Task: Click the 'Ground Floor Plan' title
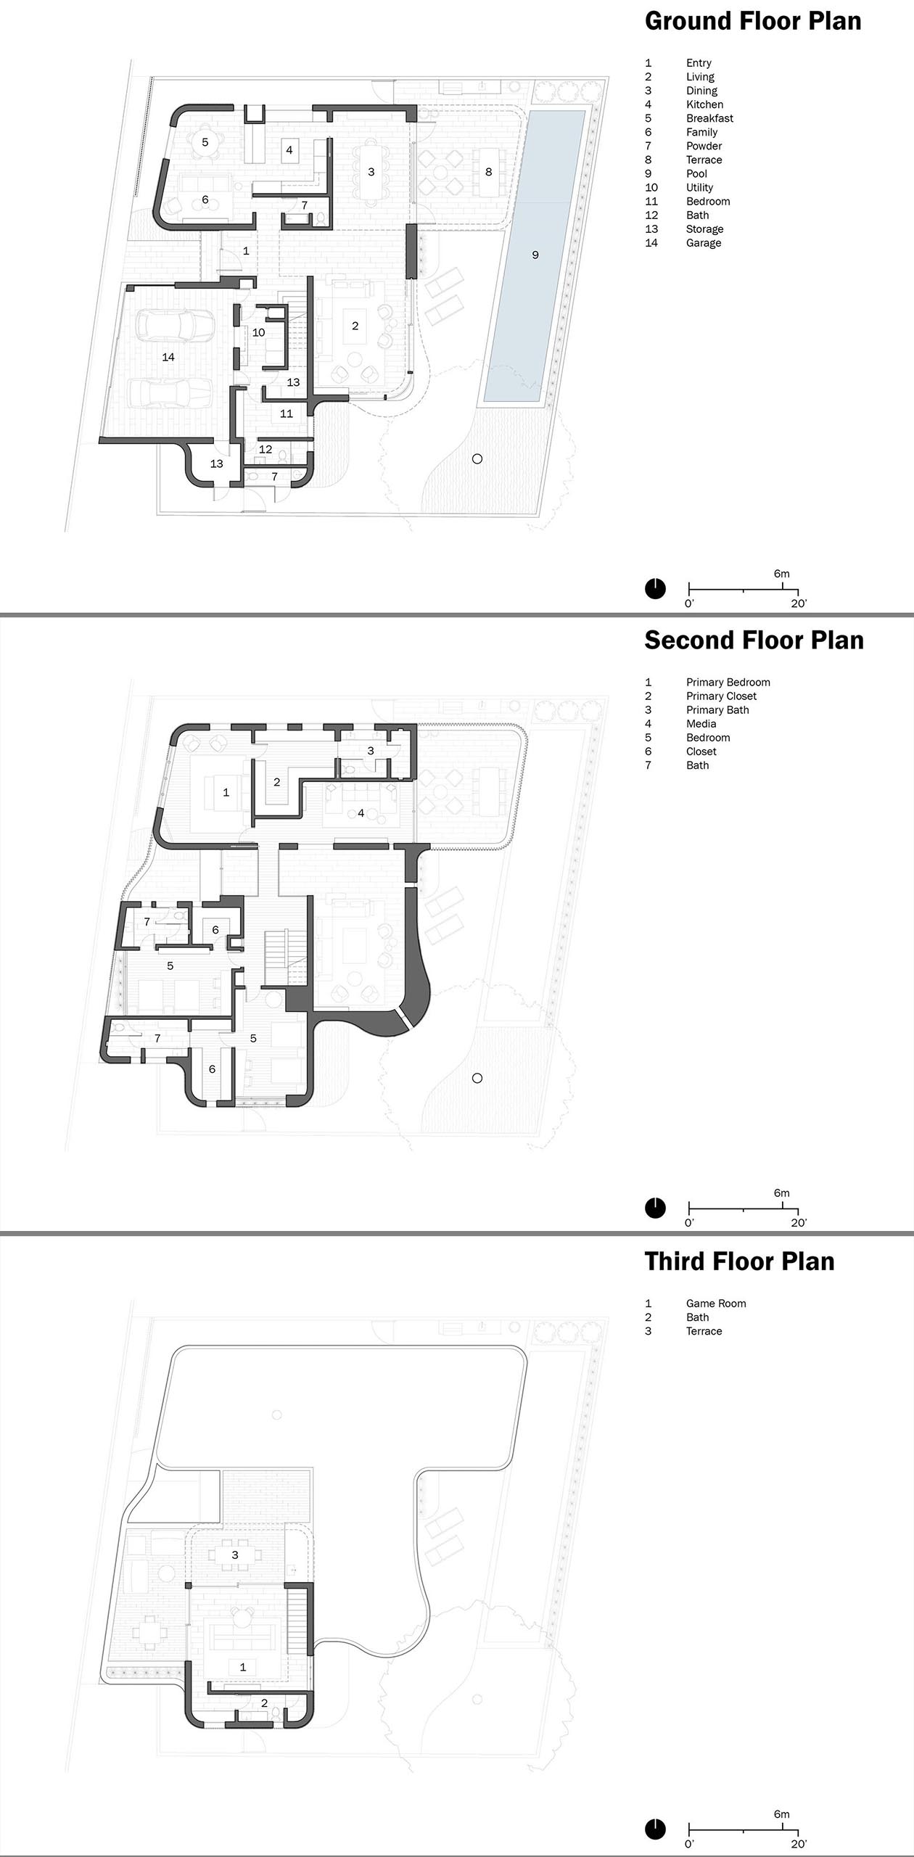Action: point(753,21)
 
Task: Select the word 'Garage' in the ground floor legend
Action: point(704,243)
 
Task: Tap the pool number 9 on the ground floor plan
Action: point(535,255)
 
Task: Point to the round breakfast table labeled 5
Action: point(205,142)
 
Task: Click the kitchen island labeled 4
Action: point(289,150)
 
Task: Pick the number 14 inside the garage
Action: point(168,357)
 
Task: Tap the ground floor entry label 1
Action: point(246,251)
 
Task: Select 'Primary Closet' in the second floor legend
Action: point(721,696)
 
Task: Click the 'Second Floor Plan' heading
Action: point(754,641)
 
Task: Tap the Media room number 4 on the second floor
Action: point(361,813)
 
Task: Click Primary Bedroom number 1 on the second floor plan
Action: point(226,792)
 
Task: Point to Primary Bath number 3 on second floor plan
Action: point(371,751)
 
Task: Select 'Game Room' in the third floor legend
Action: point(716,1304)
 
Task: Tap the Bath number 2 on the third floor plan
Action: point(264,1703)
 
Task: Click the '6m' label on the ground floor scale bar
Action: point(781,574)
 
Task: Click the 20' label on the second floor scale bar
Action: point(799,1222)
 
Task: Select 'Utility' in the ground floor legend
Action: point(700,188)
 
